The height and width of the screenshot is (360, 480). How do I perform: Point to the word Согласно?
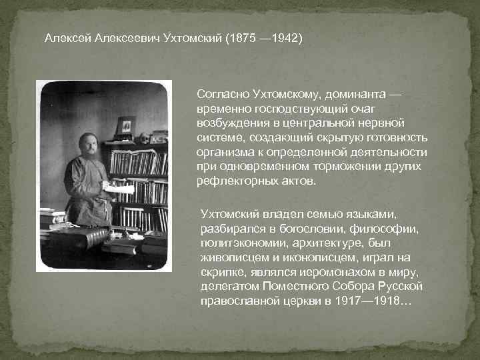[221, 95]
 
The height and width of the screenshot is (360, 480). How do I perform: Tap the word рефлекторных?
[231, 181]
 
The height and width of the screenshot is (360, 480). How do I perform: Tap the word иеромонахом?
[319, 273]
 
